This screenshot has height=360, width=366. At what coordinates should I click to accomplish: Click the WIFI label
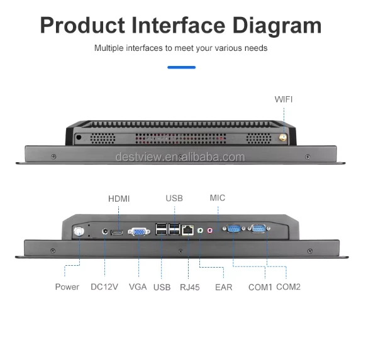(x=284, y=99)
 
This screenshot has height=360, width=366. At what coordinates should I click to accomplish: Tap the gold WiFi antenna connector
(x=283, y=138)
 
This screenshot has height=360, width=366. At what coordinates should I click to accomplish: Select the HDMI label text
(x=119, y=199)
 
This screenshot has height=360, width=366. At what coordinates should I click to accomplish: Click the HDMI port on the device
(x=117, y=232)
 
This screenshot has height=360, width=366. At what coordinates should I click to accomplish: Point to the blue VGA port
(x=139, y=232)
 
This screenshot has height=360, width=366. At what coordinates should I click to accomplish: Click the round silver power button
(x=79, y=231)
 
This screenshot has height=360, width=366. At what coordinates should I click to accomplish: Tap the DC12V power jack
(x=105, y=232)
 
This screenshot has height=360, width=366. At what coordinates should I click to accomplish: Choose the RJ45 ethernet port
(x=188, y=230)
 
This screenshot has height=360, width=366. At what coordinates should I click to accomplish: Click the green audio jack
(x=200, y=231)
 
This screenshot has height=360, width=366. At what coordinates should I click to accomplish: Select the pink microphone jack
(x=210, y=231)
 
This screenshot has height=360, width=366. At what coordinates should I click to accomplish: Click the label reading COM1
(x=260, y=287)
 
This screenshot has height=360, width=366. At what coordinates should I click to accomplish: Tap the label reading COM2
(x=288, y=286)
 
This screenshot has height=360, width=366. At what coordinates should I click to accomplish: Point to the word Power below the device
(x=67, y=286)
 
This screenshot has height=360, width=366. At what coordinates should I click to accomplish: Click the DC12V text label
(x=104, y=286)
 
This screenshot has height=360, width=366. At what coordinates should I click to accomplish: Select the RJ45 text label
(x=190, y=287)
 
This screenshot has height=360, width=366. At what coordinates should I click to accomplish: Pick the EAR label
(x=224, y=287)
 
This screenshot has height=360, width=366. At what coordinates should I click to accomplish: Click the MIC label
(x=218, y=198)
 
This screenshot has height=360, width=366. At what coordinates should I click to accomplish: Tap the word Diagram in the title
(x=277, y=26)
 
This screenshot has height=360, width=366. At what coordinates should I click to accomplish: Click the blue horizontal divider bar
(x=181, y=67)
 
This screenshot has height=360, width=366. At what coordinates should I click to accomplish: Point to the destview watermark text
(x=180, y=157)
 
